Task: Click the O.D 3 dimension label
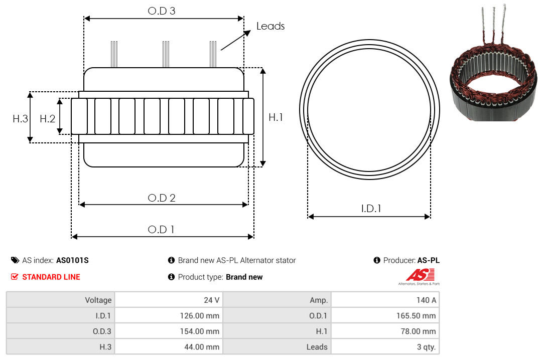tap(162, 11)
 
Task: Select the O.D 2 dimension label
tap(162, 198)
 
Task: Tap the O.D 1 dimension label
tap(161, 230)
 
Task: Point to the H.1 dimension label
tap(276, 117)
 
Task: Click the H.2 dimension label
tap(47, 119)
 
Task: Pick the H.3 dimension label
tap(21, 119)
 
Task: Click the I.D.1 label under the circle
tap(371, 209)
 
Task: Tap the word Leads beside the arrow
tap(270, 26)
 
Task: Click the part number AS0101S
tap(72, 261)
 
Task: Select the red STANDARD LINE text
tap(51, 277)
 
